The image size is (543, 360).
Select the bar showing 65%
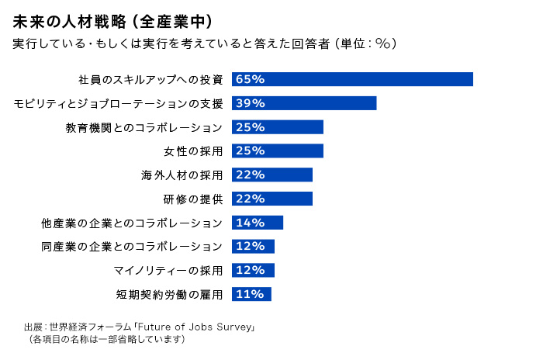coord(352,79)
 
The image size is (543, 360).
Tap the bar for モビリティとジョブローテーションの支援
coord(304,103)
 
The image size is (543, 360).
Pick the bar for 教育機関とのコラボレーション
coord(277,127)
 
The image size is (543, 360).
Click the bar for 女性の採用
coord(277,151)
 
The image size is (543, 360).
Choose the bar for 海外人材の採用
coord(271,175)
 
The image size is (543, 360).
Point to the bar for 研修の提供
coord(271,199)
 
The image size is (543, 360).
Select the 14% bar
coord(258,223)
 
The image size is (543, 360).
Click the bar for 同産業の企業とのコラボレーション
coord(253,247)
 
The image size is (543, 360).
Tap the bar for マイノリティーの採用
coord(253,270)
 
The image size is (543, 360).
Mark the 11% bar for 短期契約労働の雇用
coord(251,294)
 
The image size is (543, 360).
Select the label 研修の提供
coord(194,199)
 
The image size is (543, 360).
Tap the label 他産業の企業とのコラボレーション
coord(132,223)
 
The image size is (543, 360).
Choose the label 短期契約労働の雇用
coord(170,294)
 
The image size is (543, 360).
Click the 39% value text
coord(251,103)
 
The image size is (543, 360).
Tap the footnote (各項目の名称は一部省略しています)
coord(106,339)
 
